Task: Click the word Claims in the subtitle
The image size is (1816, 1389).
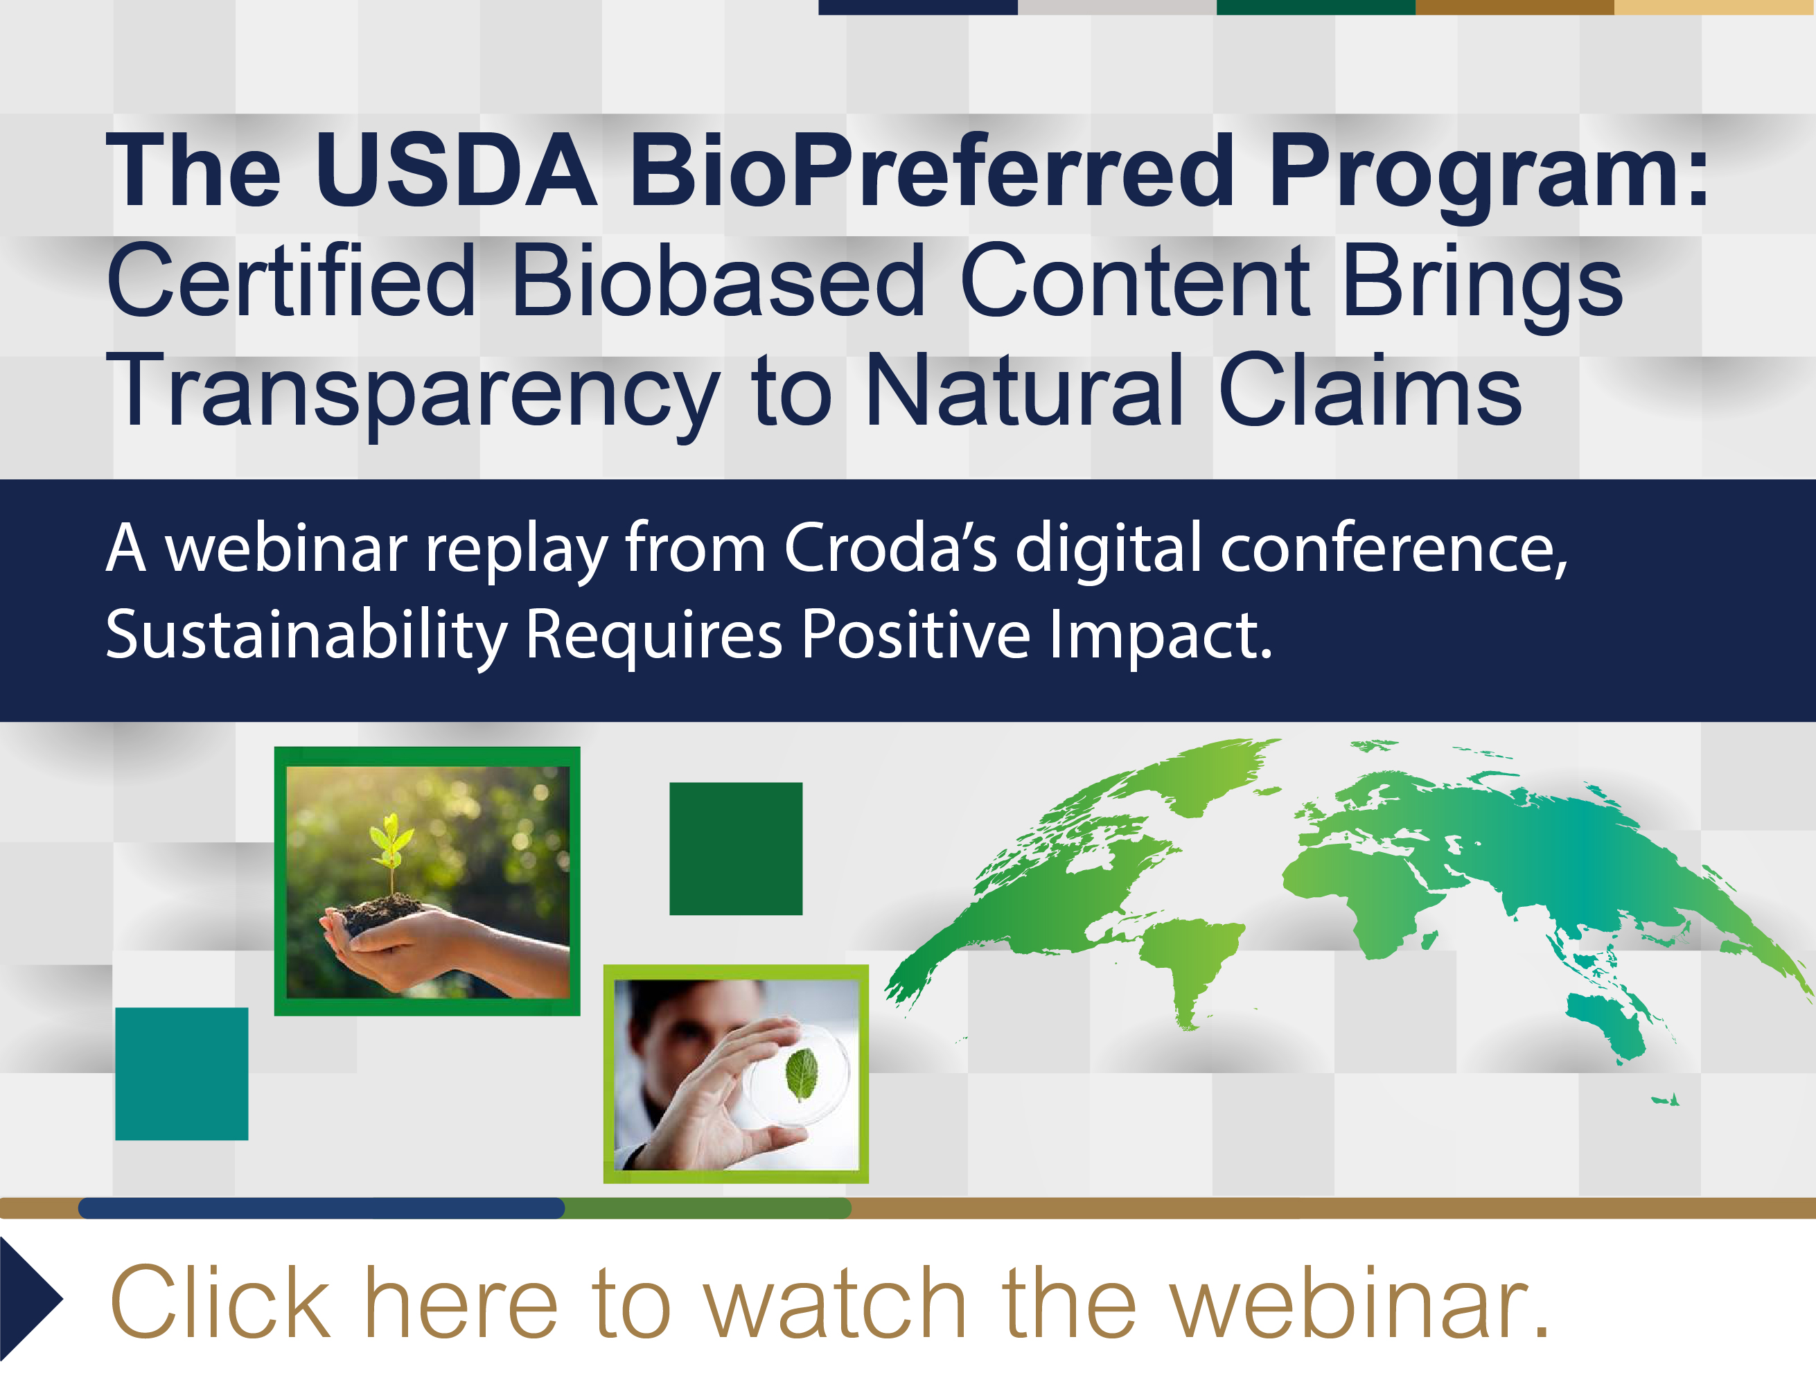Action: tap(1368, 390)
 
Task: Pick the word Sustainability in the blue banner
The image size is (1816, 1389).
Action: tap(306, 635)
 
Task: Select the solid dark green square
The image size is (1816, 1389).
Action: tap(735, 848)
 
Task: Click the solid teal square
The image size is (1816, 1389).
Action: tap(181, 1073)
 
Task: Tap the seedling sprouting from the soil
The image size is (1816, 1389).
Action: tap(390, 847)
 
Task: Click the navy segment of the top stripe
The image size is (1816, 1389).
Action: tap(917, 7)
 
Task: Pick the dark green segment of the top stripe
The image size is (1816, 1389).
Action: tap(1315, 7)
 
